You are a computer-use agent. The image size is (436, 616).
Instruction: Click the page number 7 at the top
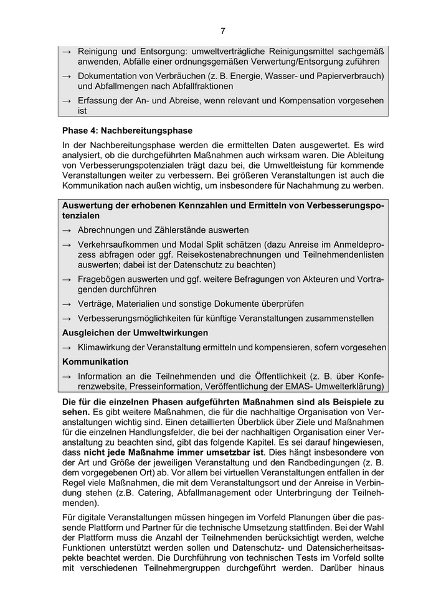(x=222, y=31)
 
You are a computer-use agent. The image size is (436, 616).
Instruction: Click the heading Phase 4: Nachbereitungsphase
(x=127, y=131)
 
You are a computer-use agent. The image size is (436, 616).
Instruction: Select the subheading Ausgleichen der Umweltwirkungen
(x=135, y=333)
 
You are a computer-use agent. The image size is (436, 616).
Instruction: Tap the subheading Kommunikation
(x=95, y=362)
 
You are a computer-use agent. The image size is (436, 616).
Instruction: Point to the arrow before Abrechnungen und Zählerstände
(x=67, y=230)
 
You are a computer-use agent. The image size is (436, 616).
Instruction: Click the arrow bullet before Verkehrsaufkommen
(x=67, y=245)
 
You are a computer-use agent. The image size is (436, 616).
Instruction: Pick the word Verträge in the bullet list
(x=96, y=304)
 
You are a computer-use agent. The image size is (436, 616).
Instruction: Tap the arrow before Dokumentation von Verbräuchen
(x=67, y=76)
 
